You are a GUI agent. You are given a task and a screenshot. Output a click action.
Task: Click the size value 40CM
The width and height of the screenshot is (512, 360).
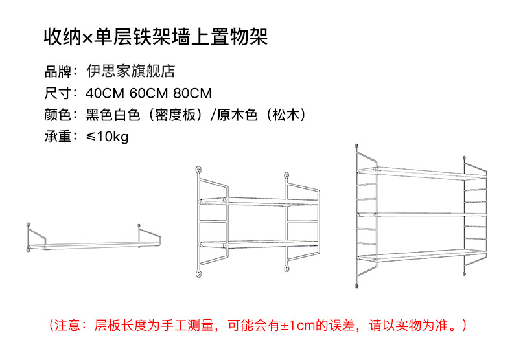pyautogui.click(x=106, y=93)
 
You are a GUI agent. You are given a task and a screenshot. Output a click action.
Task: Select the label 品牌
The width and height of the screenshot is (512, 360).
pyautogui.click(x=56, y=71)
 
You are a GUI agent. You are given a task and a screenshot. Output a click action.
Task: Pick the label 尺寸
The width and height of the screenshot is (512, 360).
pyautogui.click(x=56, y=93)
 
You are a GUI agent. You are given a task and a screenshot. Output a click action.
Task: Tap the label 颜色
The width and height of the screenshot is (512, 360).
pyautogui.click(x=56, y=115)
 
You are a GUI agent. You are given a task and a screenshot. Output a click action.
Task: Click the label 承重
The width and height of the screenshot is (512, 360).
pyautogui.click(x=56, y=137)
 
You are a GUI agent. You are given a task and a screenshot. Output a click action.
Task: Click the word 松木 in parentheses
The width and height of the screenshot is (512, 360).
pyautogui.click(x=286, y=115)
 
